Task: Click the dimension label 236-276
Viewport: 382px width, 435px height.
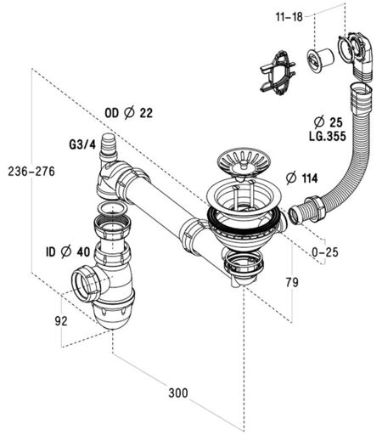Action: pyautogui.click(x=31, y=172)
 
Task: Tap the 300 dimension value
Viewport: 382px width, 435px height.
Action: pyautogui.click(x=178, y=393)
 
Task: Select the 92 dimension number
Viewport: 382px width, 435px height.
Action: pyautogui.click(x=61, y=321)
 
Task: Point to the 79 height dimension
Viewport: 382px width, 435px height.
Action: pyautogui.click(x=292, y=282)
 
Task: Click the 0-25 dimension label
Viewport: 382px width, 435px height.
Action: pyautogui.click(x=325, y=251)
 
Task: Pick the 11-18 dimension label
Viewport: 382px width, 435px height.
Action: pyautogui.click(x=289, y=17)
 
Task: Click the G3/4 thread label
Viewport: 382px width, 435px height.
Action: pyautogui.click(x=82, y=144)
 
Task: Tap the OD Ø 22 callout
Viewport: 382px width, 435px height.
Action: pyautogui.click(x=129, y=113)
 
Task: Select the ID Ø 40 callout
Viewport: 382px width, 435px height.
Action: pyautogui.click(x=68, y=251)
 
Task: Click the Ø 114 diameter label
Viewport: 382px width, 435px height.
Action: pyautogui.click(x=301, y=178)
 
